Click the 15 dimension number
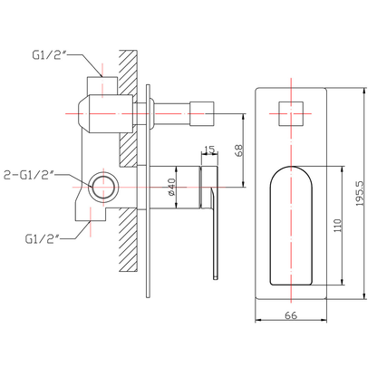tap(209, 150)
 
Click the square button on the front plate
tap(290, 116)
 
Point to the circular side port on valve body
tap(102, 188)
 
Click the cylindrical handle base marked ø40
tap(172, 177)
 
